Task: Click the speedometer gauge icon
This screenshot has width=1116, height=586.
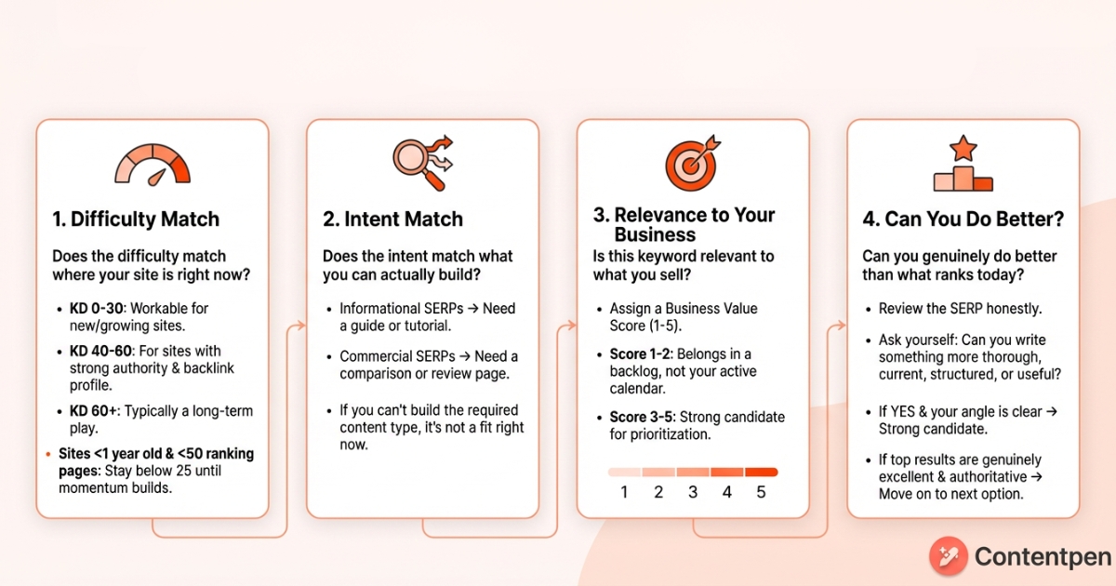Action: coord(153,164)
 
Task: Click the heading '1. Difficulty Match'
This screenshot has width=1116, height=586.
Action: coord(136,220)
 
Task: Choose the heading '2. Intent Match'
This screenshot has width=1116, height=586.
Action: coord(392,220)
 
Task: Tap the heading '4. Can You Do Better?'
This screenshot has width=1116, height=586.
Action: coord(963,220)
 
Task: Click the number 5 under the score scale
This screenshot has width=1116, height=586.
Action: coord(761,492)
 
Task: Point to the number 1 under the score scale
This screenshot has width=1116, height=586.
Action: coord(624,492)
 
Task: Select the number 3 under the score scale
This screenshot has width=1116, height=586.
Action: coord(693,492)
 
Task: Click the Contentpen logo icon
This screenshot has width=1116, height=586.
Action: coord(948,556)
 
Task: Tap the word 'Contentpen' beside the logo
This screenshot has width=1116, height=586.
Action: coord(1043,557)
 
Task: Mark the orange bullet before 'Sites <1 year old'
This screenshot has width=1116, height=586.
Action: coord(48,454)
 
